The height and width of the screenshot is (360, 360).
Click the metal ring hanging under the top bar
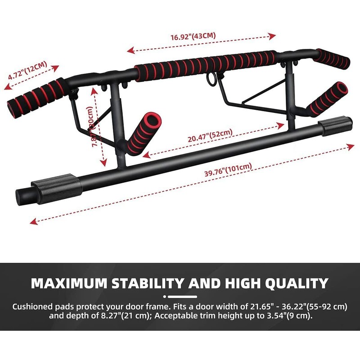(211, 79)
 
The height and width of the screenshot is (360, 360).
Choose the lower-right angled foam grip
(326, 98)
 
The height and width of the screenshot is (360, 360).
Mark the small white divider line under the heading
(180, 297)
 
